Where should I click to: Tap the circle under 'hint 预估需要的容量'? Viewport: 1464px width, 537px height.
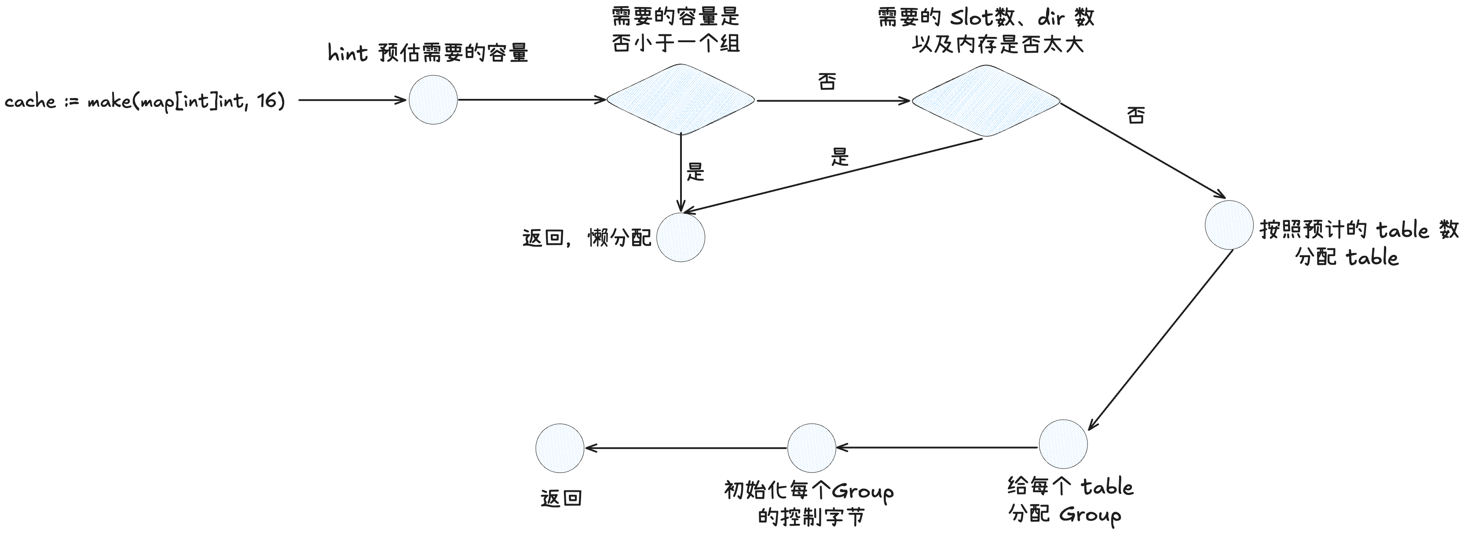point(433,100)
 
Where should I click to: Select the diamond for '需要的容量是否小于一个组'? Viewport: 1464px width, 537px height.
point(680,100)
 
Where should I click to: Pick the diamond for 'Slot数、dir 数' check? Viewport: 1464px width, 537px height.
point(986,101)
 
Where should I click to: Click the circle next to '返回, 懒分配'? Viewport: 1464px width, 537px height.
point(681,237)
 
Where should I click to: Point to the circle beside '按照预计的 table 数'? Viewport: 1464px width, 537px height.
point(1229,225)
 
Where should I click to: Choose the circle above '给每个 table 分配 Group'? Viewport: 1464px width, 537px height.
point(1063,444)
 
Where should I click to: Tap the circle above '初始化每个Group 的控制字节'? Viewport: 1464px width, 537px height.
point(812,448)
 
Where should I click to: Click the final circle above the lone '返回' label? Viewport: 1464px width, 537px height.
point(560,448)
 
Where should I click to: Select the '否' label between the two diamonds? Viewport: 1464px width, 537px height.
point(827,81)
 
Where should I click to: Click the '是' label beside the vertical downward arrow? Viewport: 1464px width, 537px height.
point(695,171)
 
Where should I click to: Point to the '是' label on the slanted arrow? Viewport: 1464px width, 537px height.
point(839,157)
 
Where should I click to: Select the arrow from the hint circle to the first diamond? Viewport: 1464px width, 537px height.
point(531,100)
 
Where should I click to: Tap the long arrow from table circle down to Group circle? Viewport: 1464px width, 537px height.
point(1160,341)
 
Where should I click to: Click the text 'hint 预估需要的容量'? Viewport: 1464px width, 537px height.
point(428,53)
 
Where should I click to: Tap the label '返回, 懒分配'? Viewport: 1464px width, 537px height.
point(586,238)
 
